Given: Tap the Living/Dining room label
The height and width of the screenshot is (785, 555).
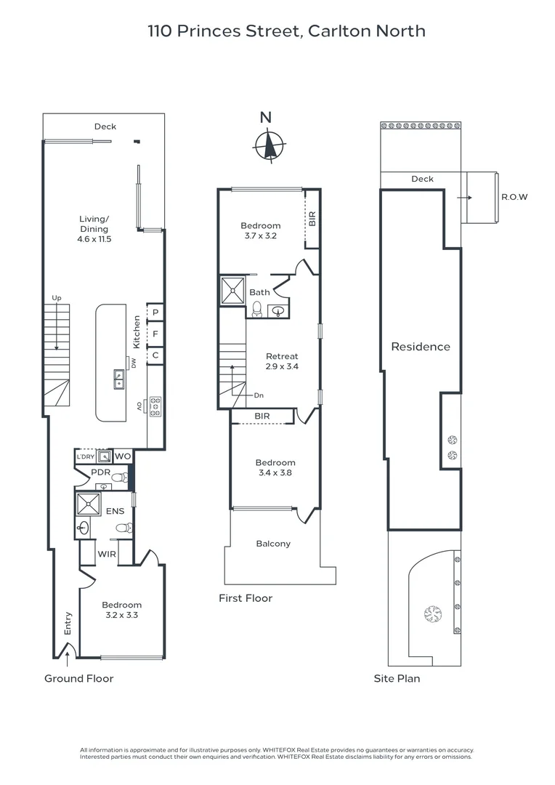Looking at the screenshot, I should coord(94,228).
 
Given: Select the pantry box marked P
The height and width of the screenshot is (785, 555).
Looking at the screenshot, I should coord(155,313).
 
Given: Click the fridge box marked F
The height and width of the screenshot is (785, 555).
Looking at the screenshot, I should coord(155,334).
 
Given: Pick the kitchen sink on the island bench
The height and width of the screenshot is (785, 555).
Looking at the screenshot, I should coord(118,378).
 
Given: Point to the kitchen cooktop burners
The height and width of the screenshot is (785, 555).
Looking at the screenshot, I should coord(155,406).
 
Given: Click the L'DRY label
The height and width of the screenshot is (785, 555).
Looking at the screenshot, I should coord(86,456).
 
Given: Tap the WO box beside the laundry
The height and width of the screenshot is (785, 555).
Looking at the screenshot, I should coord(123,456).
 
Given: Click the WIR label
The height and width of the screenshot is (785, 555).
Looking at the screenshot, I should coord(108,553).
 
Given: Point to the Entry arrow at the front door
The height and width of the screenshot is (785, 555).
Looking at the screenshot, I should coord(67,659).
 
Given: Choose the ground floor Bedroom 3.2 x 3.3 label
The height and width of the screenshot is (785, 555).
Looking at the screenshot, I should coord(121,609).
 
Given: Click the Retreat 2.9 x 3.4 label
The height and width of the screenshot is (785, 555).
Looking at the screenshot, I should coord(282,361).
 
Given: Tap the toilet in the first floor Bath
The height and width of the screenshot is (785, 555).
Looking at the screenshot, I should coord(256,310).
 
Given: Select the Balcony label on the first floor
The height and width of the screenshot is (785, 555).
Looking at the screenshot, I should coord(273,544).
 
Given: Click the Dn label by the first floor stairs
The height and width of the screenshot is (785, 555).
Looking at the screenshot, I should coord(259,395).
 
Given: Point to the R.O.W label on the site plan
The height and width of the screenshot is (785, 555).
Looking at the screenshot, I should coord(514,197).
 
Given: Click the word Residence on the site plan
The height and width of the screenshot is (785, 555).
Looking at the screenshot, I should coord(421,347).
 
